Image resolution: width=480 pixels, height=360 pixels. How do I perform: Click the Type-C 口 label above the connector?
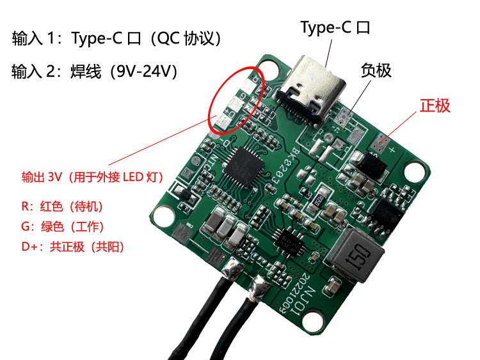coord(335,27)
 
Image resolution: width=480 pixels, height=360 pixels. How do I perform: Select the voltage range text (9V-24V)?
coord(143,71)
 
